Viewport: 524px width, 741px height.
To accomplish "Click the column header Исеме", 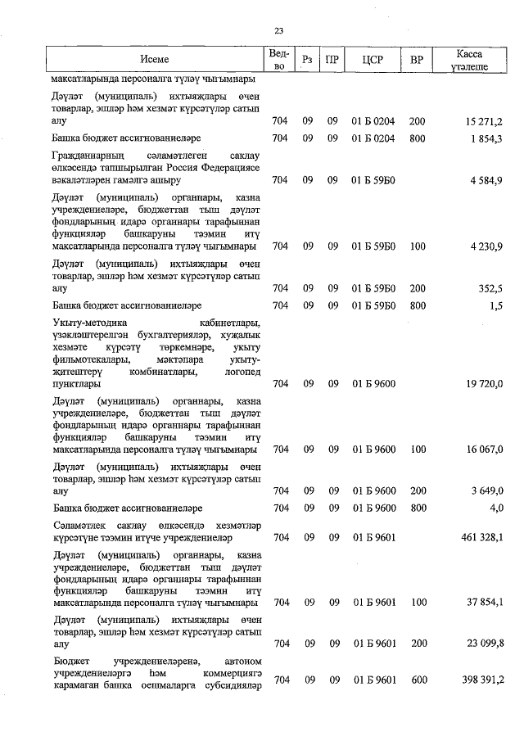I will tap(154, 60).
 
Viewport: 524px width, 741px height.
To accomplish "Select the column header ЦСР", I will tap(373, 60).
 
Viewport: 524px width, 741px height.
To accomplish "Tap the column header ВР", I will tap(417, 60).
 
